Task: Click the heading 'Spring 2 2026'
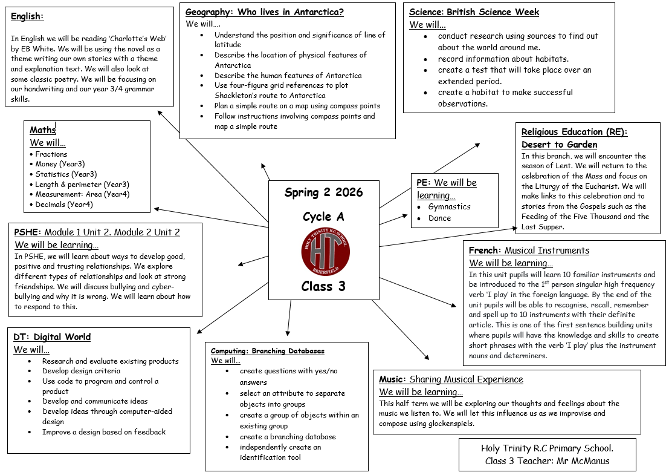[x=323, y=193]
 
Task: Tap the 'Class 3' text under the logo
[x=323, y=286]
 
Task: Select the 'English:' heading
[x=27, y=16]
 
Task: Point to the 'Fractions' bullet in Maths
[x=51, y=154]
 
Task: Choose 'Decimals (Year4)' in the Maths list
[x=64, y=205]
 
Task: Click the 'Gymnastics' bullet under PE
[x=449, y=207]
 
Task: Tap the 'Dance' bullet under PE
[x=439, y=218]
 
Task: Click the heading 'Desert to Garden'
[x=559, y=145]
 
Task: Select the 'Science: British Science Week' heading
[x=474, y=12]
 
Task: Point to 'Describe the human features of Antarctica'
[x=288, y=76]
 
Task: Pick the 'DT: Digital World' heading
[x=52, y=337]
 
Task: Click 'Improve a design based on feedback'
[x=103, y=432]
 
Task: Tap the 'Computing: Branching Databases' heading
[x=267, y=351]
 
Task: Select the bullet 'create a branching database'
[x=287, y=437]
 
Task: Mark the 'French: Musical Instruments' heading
[x=529, y=251]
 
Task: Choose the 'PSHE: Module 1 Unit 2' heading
[x=97, y=232]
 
